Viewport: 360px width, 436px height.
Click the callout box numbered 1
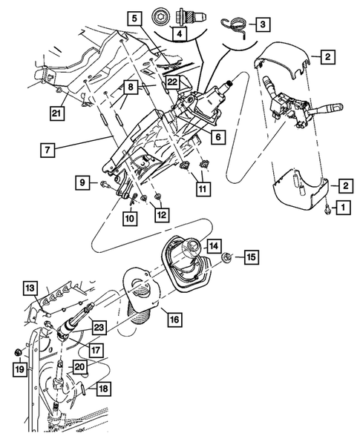pyautogui.click(x=342, y=208)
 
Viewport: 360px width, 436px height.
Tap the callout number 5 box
pyautogui.click(x=132, y=17)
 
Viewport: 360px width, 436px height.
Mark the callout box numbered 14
pyautogui.click(x=214, y=245)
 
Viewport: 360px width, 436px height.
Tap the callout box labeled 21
pyautogui.click(x=56, y=112)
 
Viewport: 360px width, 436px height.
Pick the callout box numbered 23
pyautogui.click(x=99, y=326)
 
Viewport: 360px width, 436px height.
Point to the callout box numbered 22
pyautogui.click(x=171, y=82)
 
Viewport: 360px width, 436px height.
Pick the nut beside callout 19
pyautogui.click(x=17, y=351)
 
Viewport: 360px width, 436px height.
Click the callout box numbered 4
pyautogui.click(x=179, y=32)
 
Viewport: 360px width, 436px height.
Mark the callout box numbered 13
pyautogui.click(x=29, y=287)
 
